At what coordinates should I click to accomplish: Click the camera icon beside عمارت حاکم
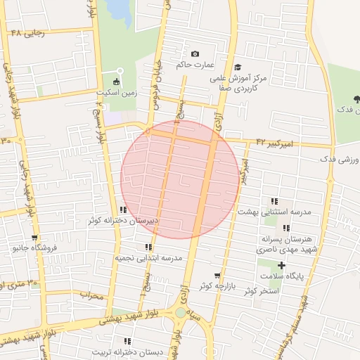point(195,54)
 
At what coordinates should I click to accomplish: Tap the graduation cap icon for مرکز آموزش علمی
point(247,67)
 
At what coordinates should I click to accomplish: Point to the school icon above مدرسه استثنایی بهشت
point(274,201)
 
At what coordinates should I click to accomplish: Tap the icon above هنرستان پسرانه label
point(285,228)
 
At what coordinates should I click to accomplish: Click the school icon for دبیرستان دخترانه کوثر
point(123,210)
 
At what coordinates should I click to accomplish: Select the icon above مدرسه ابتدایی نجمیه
point(148,247)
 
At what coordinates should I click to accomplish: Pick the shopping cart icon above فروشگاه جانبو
point(34,238)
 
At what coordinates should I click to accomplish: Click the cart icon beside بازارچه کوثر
point(217,276)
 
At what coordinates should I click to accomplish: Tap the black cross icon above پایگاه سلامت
point(281,265)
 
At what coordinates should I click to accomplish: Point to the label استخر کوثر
point(259,290)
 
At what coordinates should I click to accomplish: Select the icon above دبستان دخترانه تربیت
point(127,341)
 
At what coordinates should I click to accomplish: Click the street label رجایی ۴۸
point(27,33)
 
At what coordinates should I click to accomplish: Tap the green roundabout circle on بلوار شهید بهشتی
point(181,313)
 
